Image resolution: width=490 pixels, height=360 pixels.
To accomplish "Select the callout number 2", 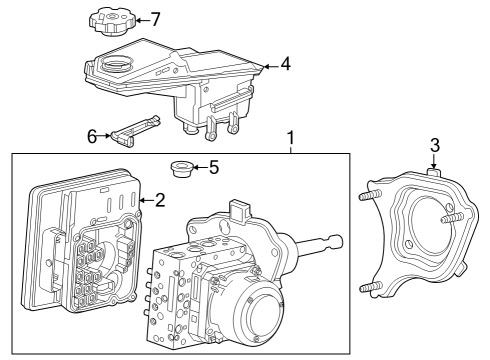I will click(x=159, y=201).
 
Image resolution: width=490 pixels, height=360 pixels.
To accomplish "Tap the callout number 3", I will click(x=434, y=146).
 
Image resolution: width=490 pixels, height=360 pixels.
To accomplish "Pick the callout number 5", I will click(x=213, y=167).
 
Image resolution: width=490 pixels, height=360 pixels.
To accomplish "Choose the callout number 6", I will click(x=92, y=136).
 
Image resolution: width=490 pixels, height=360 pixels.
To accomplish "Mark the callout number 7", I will click(x=154, y=19).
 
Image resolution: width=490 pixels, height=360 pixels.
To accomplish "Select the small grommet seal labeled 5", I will click(x=182, y=168).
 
